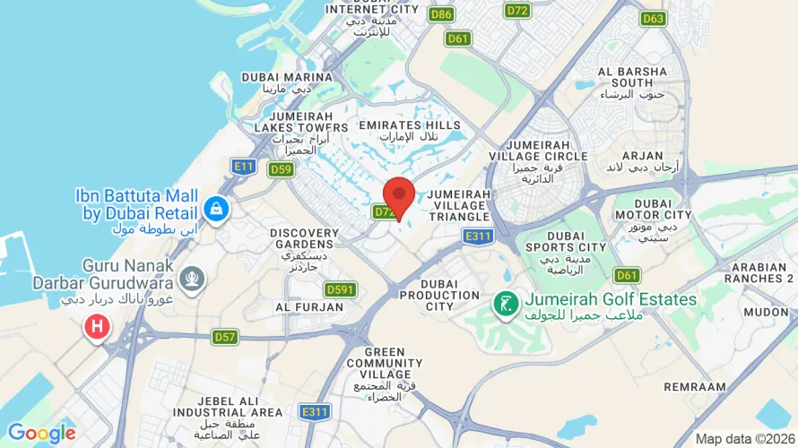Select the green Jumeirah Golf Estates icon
click(507, 303)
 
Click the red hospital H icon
click(97, 327)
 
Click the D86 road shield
click(440, 14)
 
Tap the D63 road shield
click(653, 18)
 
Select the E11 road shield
click(243, 166)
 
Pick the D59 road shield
click(281, 169)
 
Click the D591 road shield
click(341, 289)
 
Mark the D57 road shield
click(225, 337)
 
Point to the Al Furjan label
click(309, 306)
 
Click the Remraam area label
click(695, 386)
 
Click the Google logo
click(42, 434)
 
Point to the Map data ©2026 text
click(744, 439)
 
